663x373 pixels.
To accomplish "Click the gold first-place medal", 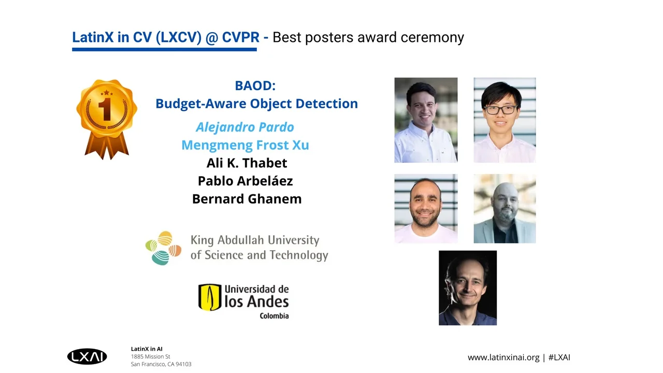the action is coord(107,119).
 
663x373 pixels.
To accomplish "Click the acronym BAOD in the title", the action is coord(255,85).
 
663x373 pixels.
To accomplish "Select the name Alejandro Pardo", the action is coord(245,127).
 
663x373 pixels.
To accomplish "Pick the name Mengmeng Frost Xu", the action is coord(245,145).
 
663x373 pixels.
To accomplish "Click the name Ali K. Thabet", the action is coord(247,163).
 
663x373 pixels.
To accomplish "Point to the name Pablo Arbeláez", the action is coord(246,181).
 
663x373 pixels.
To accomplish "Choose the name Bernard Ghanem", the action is coord(247,199).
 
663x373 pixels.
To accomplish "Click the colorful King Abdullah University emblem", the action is coord(163,248).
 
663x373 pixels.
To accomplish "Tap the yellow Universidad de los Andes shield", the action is coord(210,297).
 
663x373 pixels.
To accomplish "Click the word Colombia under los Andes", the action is coord(274,316).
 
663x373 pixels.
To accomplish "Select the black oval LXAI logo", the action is coord(87,356).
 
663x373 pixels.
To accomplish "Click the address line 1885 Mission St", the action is coord(150,357).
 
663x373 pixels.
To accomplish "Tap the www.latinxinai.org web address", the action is coord(503,357).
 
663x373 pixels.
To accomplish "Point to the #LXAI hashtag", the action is coord(559,357).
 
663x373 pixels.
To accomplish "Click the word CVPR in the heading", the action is coord(241,37).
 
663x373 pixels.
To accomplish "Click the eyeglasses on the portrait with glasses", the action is coord(501,110).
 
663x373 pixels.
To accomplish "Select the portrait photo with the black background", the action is coord(468,288).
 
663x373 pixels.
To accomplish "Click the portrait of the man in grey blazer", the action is coord(505,209).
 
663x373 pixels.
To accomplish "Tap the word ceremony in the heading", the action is coord(432,38).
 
